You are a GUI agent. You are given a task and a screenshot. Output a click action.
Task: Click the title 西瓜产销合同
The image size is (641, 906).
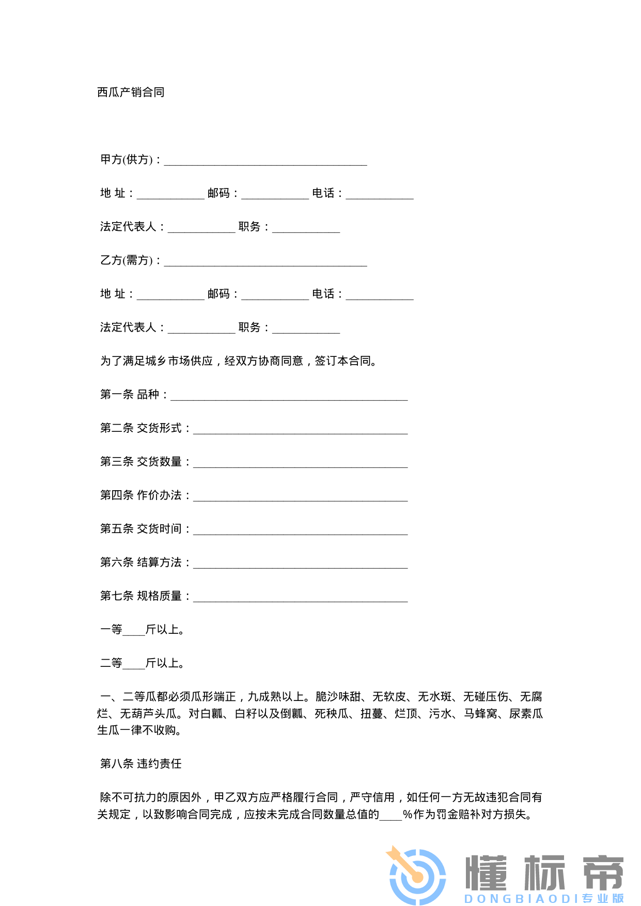(131, 92)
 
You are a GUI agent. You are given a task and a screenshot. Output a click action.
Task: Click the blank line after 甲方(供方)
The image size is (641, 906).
(265, 162)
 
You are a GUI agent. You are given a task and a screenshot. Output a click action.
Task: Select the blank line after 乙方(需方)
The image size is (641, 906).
(265, 262)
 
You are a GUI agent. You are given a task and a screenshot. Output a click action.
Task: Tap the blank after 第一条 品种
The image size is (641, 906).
(289, 397)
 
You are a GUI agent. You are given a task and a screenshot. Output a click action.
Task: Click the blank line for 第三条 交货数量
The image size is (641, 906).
(300, 464)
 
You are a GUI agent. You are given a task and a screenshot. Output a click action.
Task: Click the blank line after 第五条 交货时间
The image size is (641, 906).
(300, 531)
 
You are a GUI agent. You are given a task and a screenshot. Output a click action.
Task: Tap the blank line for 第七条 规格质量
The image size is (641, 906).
(300, 598)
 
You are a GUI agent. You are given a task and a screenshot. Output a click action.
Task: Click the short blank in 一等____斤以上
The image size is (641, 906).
(134, 632)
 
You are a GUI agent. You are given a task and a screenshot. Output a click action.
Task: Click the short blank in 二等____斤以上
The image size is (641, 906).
(134, 665)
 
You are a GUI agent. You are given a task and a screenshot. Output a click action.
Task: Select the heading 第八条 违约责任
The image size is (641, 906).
(141, 764)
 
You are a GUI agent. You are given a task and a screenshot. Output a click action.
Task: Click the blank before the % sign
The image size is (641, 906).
(390, 817)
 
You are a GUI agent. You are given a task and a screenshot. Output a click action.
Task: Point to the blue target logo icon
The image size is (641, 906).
(417, 874)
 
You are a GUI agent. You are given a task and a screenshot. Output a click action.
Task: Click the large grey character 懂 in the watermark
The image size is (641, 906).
(487, 872)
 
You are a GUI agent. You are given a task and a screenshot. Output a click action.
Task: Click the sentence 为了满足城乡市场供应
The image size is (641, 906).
(157, 361)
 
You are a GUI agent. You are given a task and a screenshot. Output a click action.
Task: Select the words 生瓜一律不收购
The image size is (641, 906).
(139, 730)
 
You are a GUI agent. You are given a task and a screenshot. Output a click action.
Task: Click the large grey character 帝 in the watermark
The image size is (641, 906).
(602, 872)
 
